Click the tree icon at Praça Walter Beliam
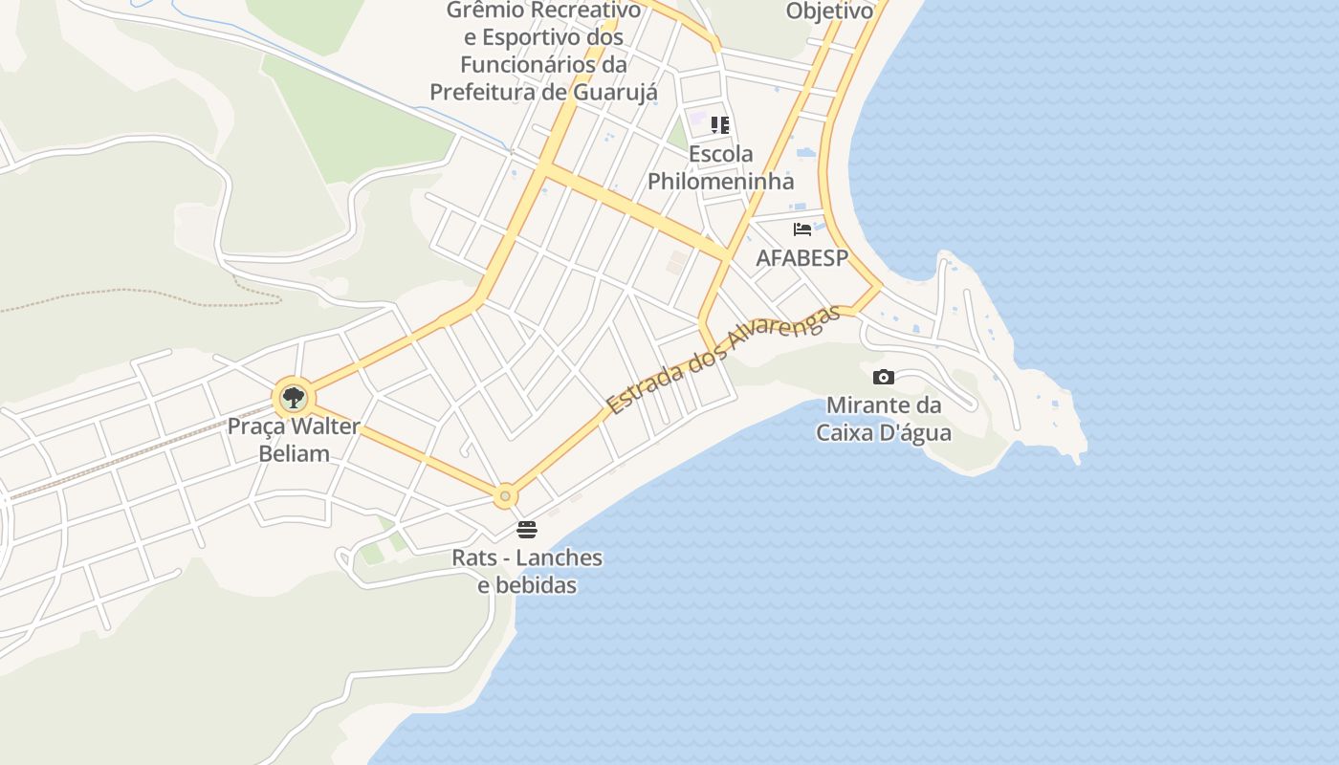click(294, 397)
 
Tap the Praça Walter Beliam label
click(294, 440)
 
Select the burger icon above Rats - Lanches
click(526, 529)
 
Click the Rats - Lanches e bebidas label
click(527, 571)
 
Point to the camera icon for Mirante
click(884, 377)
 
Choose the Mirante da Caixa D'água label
click(884, 419)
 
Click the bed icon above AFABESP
click(802, 229)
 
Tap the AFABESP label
click(801, 258)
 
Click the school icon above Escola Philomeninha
click(720, 125)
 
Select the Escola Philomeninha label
click(720, 167)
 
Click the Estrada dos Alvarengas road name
click(724, 359)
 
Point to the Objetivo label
click(829, 11)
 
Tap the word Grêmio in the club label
click(488, 11)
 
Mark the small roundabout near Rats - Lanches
click(505, 496)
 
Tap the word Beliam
click(294, 453)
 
